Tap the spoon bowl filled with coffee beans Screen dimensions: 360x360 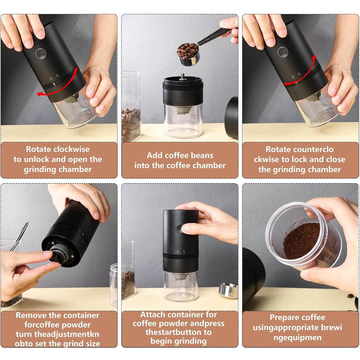click(188, 54)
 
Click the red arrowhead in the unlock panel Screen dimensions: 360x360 click(40, 94)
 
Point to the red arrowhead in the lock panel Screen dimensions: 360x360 click(314, 58)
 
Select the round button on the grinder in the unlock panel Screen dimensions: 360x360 click(40, 54)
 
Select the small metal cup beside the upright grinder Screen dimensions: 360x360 click(228, 290)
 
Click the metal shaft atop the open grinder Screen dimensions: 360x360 click(183, 76)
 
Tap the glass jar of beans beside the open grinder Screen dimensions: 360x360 click(131, 107)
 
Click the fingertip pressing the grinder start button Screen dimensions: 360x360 click(185, 229)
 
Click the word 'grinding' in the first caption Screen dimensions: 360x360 click(38, 170)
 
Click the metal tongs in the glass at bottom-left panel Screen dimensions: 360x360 click(19, 237)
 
